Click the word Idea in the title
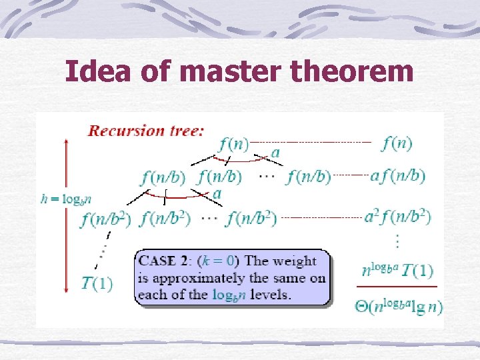[x=98, y=71]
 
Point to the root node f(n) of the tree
[x=233, y=143]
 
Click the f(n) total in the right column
[x=397, y=143]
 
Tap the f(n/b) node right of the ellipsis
[x=309, y=177]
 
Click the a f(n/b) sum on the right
[x=397, y=176]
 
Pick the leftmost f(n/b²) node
[x=107, y=218]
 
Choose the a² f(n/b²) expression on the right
[x=397, y=217]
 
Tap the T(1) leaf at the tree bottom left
[x=97, y=283]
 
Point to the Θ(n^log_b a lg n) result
[x=399, y=306]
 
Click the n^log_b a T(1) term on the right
[x=397, y=271]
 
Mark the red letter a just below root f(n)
[x=275, y=153]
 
